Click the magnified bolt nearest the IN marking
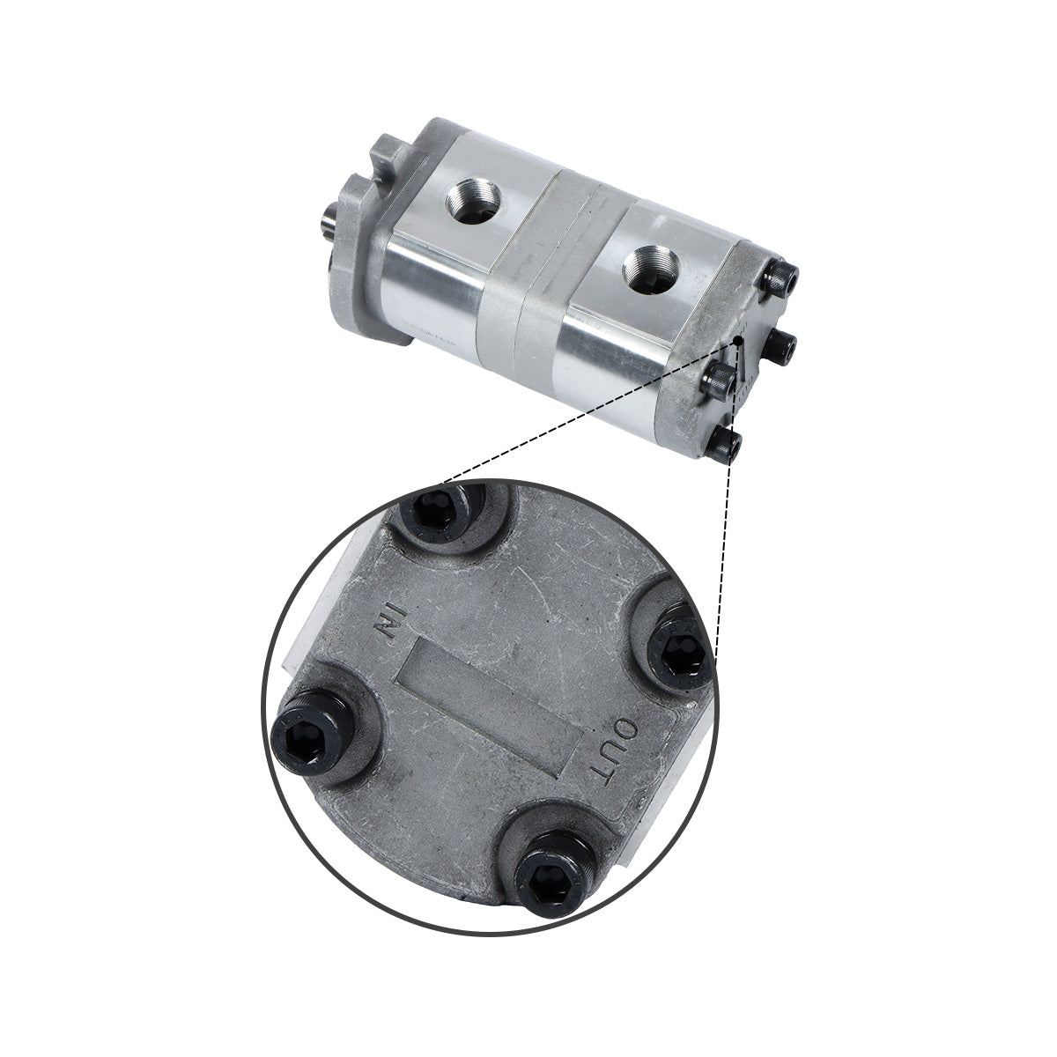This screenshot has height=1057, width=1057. [x=438, y=510]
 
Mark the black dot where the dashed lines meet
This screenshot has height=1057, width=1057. [x=734, y=340]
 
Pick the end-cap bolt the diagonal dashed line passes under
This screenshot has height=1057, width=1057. [x=717, y=381]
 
